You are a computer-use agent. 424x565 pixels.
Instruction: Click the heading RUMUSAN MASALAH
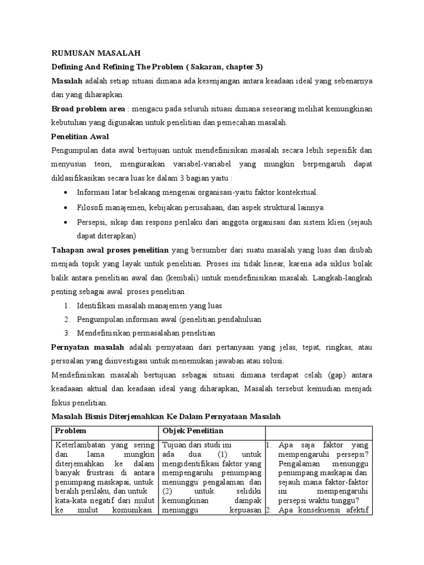pos(96,54)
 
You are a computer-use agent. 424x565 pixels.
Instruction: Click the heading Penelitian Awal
pos(80,136)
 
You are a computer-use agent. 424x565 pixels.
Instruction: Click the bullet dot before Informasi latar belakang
pos(66,193)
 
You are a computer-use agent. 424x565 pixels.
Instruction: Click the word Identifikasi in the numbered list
pos(97,305)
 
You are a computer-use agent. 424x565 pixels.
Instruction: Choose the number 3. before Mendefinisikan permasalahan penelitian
pos(66,333)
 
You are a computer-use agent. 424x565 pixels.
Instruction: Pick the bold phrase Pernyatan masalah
pos(88,347)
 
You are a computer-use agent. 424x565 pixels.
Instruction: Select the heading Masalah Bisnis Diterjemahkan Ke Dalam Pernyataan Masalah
pos(166,417)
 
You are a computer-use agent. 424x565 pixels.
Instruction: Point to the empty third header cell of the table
pos(319,430)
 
